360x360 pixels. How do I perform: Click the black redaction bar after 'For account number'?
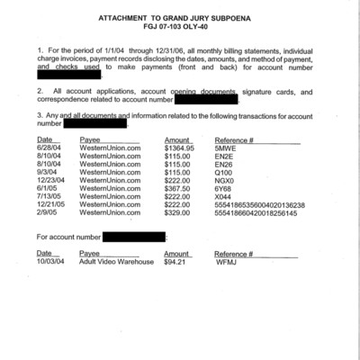click(x=135, y=237)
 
